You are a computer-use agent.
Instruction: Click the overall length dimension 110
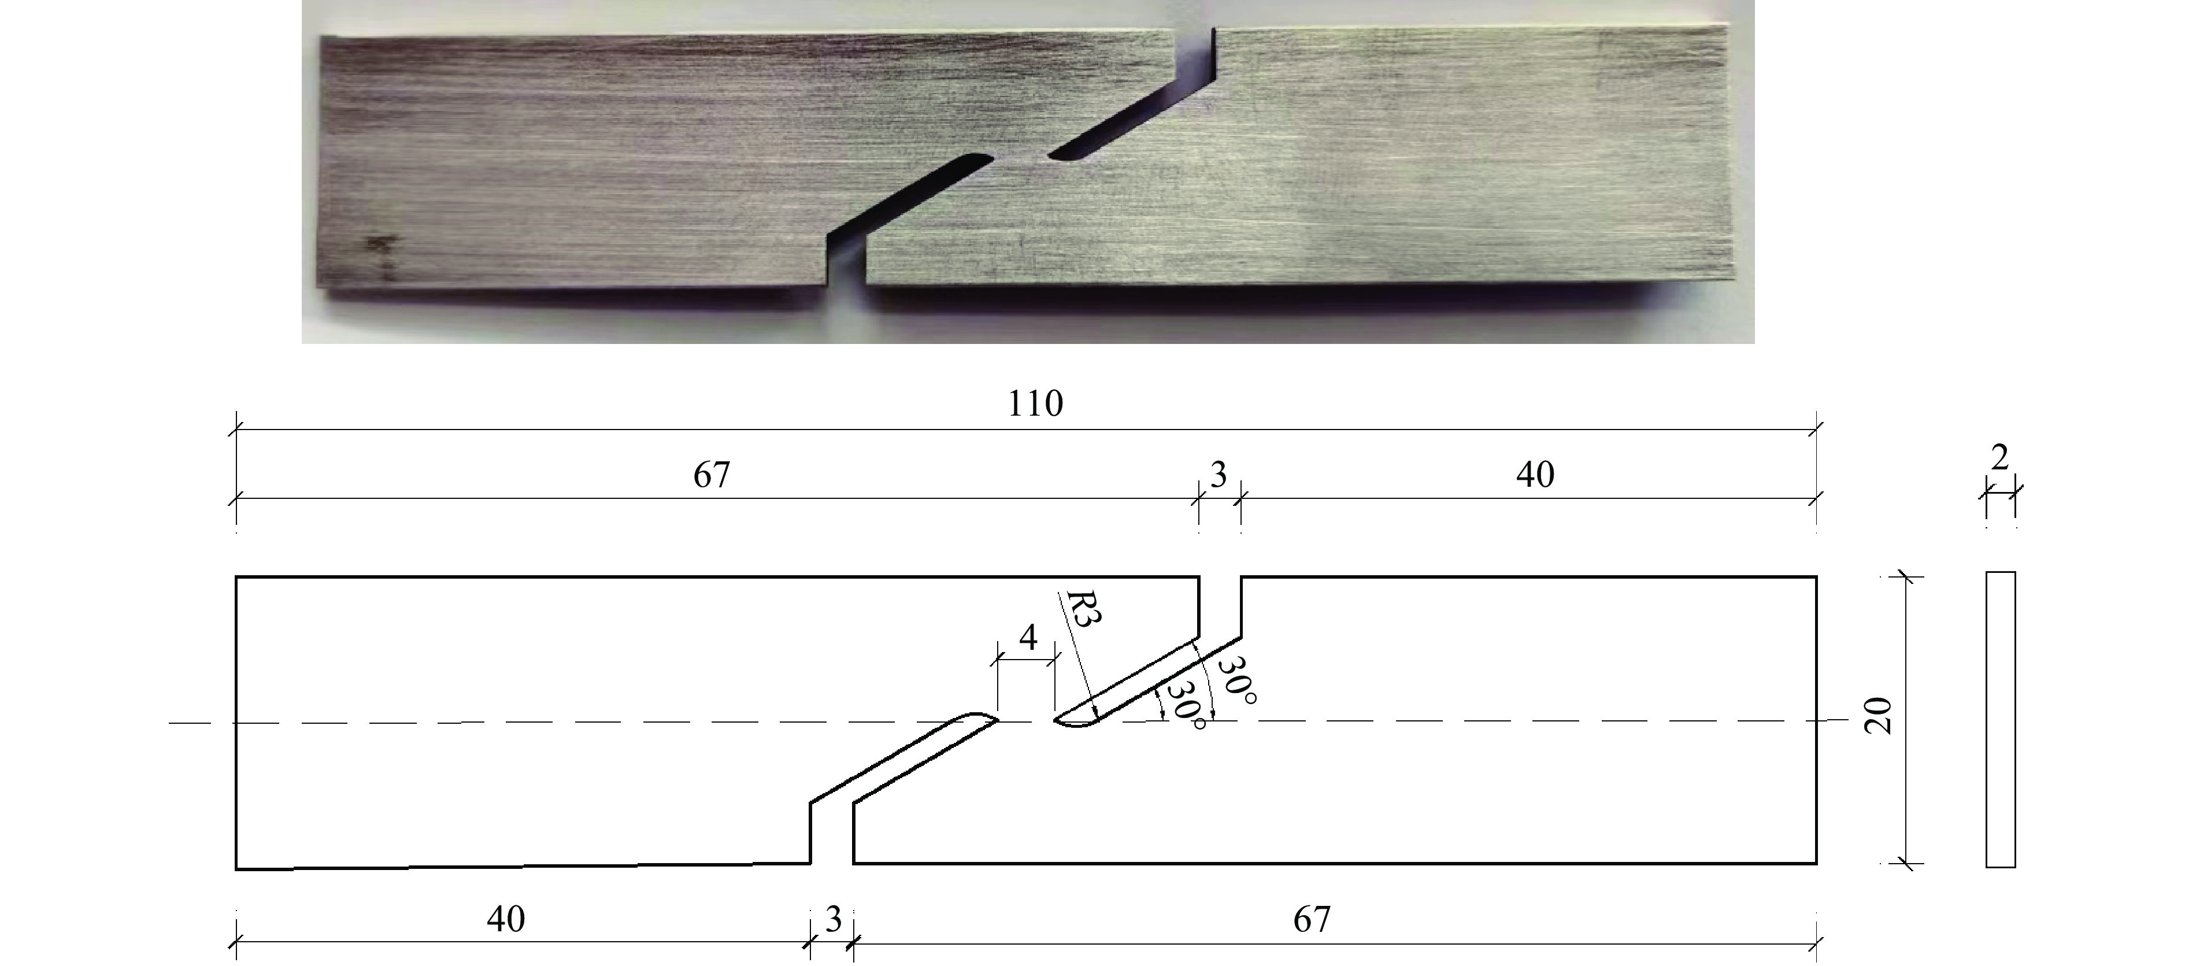tap(1035, 404)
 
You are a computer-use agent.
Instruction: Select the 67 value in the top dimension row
tap(712, 475)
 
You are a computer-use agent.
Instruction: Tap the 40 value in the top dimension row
tap(1535, 475)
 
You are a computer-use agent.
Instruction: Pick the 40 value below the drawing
tap(506, 919)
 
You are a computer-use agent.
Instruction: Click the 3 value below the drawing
tap(833, 919)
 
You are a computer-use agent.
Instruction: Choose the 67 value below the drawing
tap(1312, 919)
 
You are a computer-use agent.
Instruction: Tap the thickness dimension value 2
tap(1999, 458)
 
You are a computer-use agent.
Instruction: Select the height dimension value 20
tap(1878, 716)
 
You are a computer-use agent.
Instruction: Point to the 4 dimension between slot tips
tap(1028, 637)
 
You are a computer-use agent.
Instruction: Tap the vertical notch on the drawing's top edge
tap(1220, 606)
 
